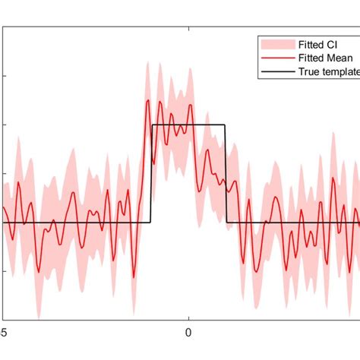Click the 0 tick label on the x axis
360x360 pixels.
[188, 332]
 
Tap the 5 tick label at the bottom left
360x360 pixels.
[4, 332]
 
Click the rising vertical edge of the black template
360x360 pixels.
[152, 175]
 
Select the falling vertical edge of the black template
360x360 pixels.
[226, 175]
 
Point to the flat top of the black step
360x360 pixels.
[189, 125]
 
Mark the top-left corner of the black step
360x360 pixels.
[152, 125]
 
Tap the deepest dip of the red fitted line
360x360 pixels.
[135, 277]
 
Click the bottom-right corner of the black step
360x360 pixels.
[226, 223]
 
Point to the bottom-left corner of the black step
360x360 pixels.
[152, 223]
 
